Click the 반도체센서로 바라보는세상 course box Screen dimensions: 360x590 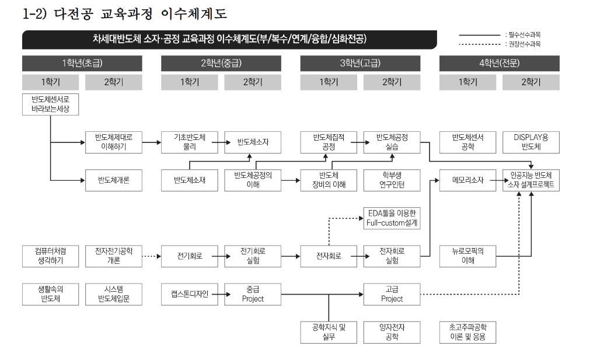[50, 104]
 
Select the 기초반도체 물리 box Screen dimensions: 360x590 [189, 142]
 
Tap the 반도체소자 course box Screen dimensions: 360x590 [252, 142]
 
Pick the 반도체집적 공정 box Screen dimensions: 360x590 [329, 142]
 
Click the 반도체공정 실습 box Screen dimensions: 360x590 [392, 142]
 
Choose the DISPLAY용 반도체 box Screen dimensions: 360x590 [530, 142]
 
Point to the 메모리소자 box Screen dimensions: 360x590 [467, 180]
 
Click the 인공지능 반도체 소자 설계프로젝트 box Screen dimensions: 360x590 [530, 180]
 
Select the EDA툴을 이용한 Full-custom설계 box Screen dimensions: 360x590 [392, 217]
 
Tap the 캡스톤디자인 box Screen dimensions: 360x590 [189, 294]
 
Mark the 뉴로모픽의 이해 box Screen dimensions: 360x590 [467, 256]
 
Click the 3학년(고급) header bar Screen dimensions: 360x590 [360, 63]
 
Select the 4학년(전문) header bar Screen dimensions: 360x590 [499, 63]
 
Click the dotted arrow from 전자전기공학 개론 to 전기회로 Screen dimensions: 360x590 [151, 256]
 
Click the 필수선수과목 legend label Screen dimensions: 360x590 [523, 35]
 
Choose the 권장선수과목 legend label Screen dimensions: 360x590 [523, 44]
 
